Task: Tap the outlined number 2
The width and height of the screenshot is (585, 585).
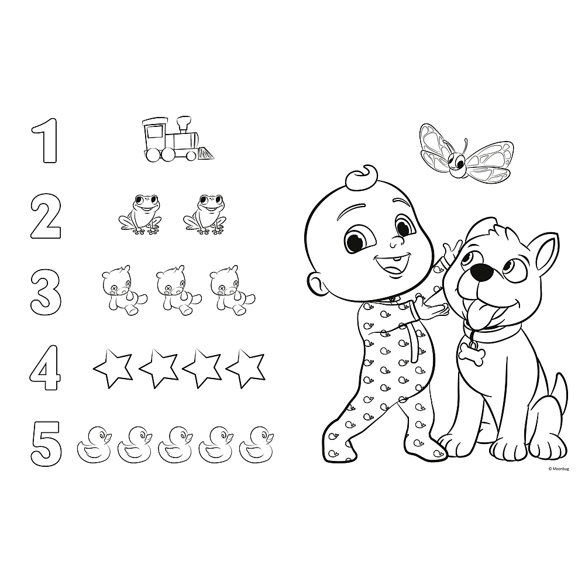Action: [45, 217]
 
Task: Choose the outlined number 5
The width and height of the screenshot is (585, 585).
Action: [46, 443]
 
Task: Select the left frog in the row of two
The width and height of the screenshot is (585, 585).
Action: [140, 215]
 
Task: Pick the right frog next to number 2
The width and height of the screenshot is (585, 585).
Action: [205, 215]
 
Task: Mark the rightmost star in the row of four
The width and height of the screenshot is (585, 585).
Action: [246, 367]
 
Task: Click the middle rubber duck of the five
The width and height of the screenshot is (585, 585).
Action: [175, 443]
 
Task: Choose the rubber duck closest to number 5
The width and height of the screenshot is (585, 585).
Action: [94, 443]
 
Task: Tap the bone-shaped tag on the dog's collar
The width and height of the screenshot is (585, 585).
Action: [472, 355]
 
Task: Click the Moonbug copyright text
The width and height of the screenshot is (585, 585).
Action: [558, 469]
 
